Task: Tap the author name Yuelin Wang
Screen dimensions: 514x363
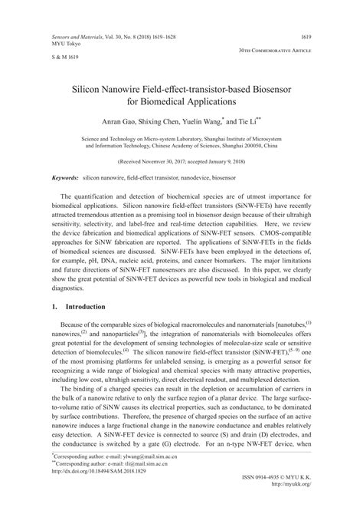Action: click(x=204, y=123)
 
